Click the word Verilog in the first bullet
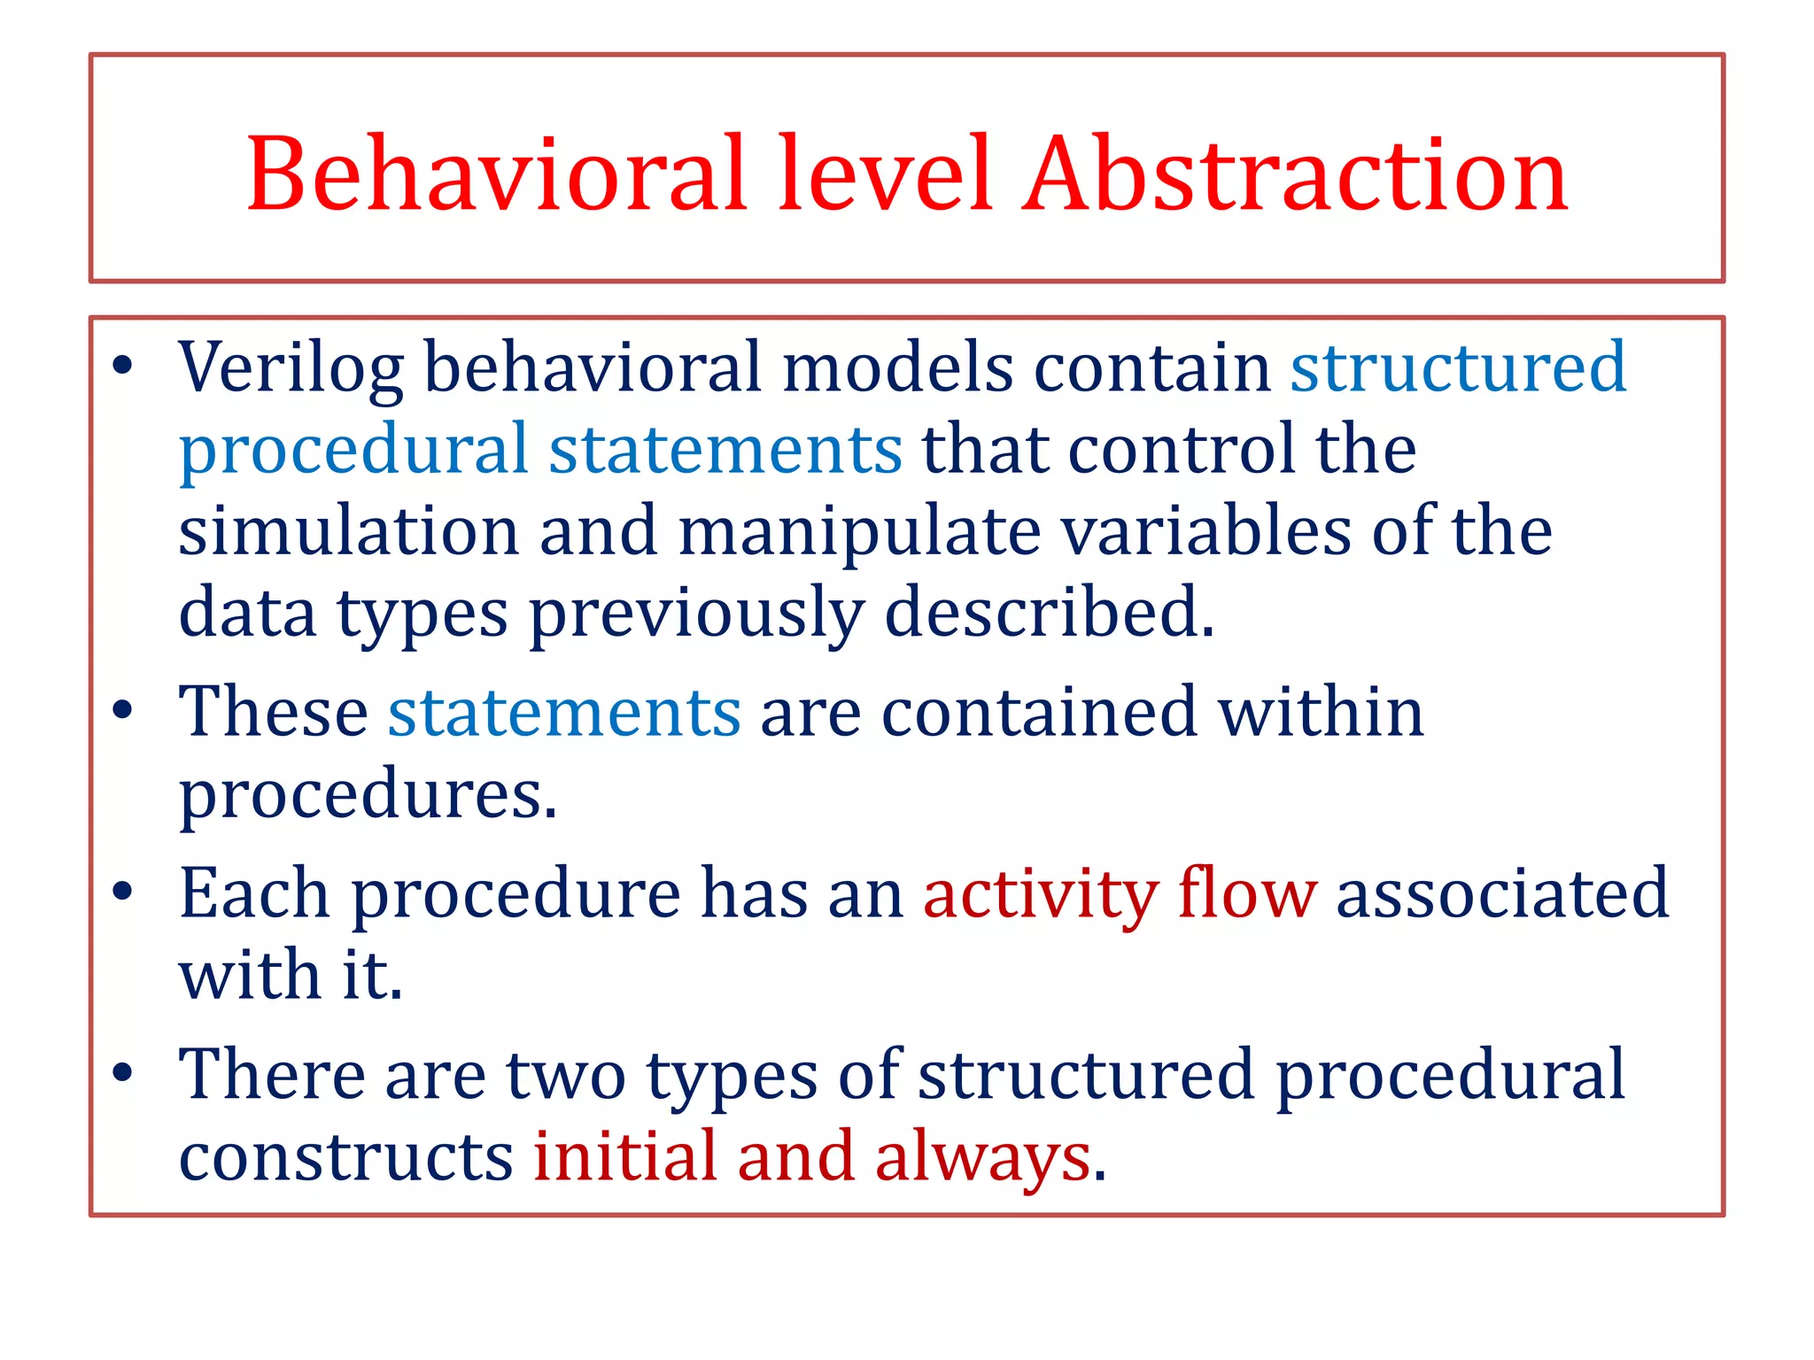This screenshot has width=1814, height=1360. click(291, 367)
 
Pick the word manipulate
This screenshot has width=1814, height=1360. click(859, 533)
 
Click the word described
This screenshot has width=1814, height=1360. click(1049, 613)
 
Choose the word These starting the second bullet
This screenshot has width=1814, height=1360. click(273, 712)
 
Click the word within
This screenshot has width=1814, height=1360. click(1321, 712)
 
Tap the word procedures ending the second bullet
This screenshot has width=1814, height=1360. click(368, 795)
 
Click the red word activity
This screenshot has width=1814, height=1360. click(1040, 894)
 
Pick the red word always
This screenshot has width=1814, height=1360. click(982, 1158)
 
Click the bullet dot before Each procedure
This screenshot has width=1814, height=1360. click(123, 892)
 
